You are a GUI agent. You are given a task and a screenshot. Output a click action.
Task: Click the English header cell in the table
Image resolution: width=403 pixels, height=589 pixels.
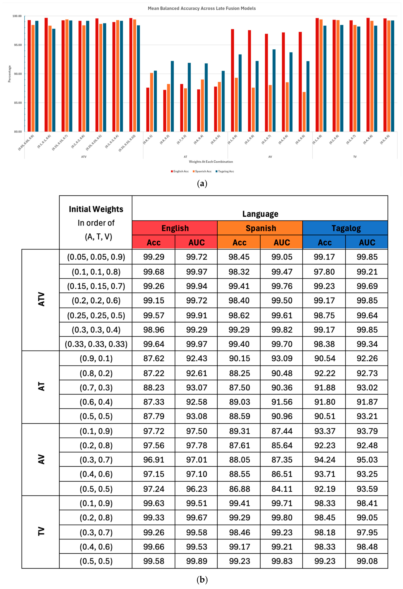pyautogui.click(x=175, y=228)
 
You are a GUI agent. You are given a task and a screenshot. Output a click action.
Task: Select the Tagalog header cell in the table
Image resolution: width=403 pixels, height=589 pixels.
pyautogui.click(x=346, y=228)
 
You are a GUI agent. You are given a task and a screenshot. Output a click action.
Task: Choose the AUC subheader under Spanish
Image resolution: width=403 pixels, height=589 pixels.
pyautogui.click(x=282, y=243)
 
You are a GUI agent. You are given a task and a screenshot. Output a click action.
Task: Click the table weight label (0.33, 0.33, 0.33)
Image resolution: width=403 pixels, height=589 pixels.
pyautogui.click(x=96, y=344)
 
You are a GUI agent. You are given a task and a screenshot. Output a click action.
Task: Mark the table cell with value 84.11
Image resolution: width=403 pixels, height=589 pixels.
pyautogui.click(x=282, y=489)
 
